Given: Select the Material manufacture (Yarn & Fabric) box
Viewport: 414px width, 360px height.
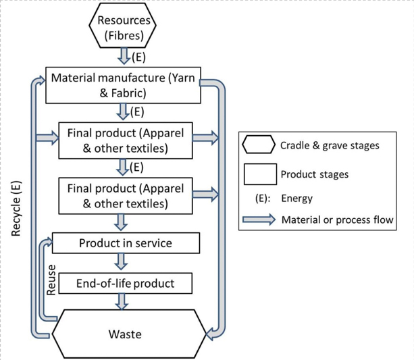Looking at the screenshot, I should (122, 85).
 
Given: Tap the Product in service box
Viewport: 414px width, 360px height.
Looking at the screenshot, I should (126, 243).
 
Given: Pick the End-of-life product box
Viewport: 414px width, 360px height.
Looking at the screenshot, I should (126, 283).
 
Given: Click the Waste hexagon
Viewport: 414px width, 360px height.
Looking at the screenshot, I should (126, 334).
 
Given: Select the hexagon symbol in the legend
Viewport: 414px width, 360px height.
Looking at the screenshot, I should (258, 144).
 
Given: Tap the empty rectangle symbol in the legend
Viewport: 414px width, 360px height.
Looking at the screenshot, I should (258, 174).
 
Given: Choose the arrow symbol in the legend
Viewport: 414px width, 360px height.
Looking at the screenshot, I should (258, 219).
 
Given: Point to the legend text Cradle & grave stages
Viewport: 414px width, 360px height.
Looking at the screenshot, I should (330, 145).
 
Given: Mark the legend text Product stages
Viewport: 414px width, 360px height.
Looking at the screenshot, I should (315, 174).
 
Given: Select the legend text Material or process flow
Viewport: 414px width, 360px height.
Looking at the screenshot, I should (337, 220).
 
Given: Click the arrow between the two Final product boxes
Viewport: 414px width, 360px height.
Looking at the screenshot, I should (122, 166).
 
